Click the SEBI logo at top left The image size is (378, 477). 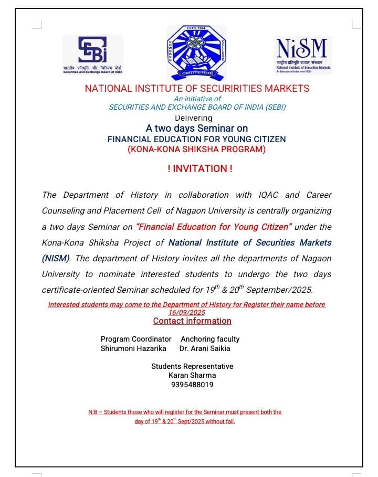(x=93, y=55)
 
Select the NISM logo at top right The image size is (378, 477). (x=303, y=55)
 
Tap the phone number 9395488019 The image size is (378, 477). (x=192, y=385)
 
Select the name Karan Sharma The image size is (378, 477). (x=192, y=375)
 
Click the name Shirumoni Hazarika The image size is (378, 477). (x=133, y=348)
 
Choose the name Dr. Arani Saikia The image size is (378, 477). (x=205, y=348)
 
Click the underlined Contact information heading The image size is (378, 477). (x=192, y=321)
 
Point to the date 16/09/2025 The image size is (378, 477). (x=187, y=312)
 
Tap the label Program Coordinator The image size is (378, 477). (x=136, y=339)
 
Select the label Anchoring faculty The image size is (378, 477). (x=210, y=339)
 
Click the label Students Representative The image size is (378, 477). (x=192, y=366)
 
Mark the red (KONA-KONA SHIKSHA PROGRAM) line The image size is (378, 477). (x=197, y=149)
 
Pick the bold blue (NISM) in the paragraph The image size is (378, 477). (x=56, y=258)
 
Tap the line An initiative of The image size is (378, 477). (x=197, y=99)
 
